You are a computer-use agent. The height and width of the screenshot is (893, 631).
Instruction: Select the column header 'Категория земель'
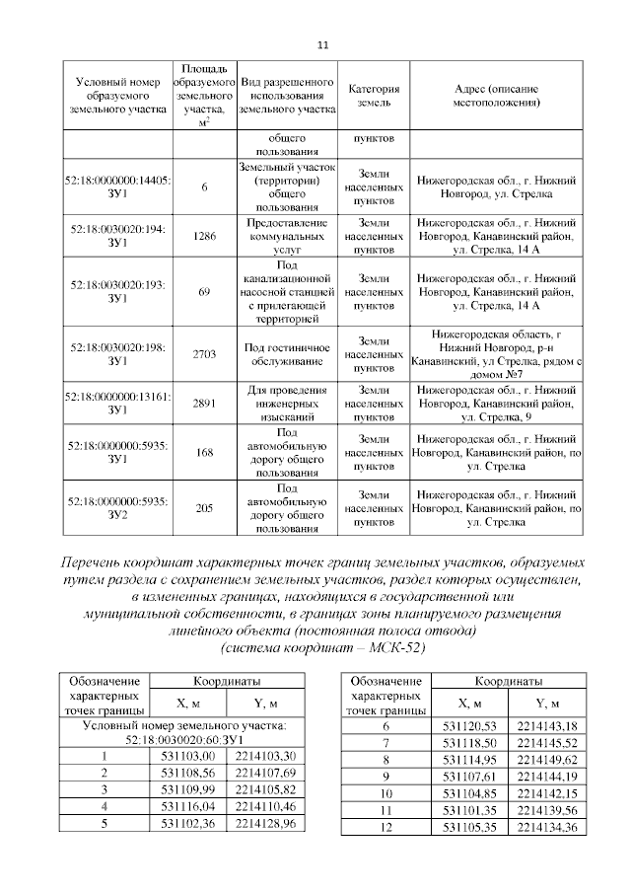click(x=372, y=95)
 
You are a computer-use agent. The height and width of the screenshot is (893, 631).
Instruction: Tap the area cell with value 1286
click(x=204, y=236)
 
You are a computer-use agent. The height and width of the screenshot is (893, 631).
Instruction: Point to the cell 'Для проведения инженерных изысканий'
click(x=287, y=404)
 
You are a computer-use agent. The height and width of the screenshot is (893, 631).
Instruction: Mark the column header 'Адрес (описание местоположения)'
click(x=498, y=95)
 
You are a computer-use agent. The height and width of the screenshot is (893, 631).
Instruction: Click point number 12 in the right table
click(x=386, y=826)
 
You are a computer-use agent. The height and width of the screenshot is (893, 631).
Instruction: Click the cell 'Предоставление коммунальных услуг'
click(x=287, y=236)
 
